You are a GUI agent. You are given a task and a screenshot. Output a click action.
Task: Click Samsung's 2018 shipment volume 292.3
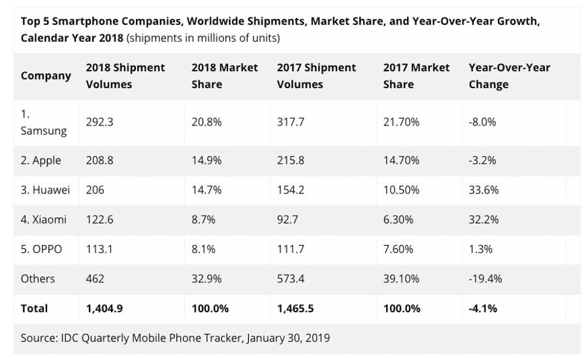click(x=99, y=122)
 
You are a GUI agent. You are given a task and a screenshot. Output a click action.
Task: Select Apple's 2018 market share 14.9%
click(x=206, y=160)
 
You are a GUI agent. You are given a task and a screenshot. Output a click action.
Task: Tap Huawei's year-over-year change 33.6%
click(x=483, y=189)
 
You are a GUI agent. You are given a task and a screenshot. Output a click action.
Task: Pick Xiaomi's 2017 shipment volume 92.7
click(x=287, y=220)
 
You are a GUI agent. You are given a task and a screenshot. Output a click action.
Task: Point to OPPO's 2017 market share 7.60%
click(x=398, y=249)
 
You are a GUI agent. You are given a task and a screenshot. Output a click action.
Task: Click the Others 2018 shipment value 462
click(x=95, y=278)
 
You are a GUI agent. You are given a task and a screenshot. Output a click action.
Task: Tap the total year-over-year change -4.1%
click(x=483, y=308)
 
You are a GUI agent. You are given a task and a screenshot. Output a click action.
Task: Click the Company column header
click(x=46, y=75)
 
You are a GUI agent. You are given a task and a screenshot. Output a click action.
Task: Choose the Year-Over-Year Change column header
click(x=510, y=75)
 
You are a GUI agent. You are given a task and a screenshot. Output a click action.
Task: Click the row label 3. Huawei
click(x=45, y=189)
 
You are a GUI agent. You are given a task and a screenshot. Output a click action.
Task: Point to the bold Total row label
click(x=34, y=308)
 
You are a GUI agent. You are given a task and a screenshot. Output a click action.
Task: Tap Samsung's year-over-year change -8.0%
click(x=482, y=122)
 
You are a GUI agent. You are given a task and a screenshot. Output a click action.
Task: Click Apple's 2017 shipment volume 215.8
click(x=291, y=160)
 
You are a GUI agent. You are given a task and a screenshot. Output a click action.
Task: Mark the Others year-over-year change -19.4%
click(x=485, y=278)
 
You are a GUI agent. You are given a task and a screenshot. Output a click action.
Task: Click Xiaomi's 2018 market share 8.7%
click(x=203, y=220)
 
